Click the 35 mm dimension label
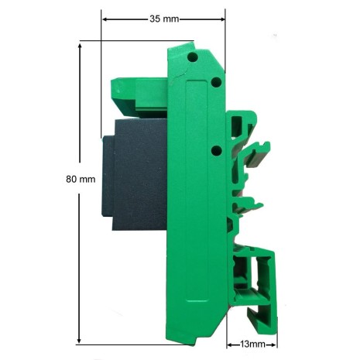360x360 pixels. tap(164, 19)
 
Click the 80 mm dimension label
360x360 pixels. tap(81, 179)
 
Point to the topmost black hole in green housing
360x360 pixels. tap(193, 57)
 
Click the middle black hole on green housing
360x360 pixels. tap(216, 82)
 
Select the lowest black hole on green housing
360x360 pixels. tap(217, 150)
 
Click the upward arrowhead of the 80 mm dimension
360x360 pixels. tap(80, 46)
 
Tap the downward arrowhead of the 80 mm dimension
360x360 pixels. tap(79, 339)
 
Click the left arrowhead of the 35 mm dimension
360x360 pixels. tap(105, 19)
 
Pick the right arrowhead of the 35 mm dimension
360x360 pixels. tap(222, 19)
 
